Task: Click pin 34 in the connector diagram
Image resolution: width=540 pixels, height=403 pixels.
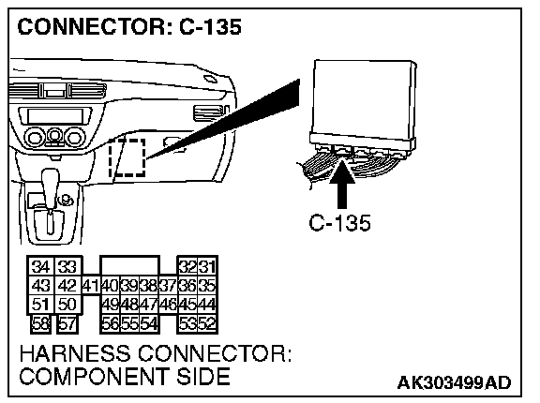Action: [x=40, y=266]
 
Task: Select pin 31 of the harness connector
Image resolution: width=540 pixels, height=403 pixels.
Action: [x=207, y=266]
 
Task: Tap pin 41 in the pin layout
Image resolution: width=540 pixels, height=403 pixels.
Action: [x=91, y=285]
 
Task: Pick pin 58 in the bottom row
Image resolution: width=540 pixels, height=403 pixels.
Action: [x=40, y=324]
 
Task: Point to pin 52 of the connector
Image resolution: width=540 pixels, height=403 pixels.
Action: [x=207, y=324]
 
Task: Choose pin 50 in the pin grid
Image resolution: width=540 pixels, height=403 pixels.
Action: [x=67, y=305]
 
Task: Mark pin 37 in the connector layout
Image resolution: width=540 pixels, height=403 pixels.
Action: [x=168, y=285]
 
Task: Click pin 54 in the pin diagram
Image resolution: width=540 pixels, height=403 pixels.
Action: [x=149, y=324]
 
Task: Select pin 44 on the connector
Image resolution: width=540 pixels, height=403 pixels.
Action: [x=207, y=305]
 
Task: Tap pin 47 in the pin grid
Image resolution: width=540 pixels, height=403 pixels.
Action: [x=149, y=305]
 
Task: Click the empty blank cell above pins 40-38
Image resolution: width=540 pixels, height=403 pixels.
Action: [x=129, y=265]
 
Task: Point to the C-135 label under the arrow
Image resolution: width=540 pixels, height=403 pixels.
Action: [x=339, y=223]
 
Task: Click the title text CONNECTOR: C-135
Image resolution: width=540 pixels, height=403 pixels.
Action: [x=129, y=26]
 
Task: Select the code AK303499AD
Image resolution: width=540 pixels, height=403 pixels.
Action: [x=455, y=382]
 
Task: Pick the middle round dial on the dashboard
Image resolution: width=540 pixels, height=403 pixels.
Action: [x=54, y=137]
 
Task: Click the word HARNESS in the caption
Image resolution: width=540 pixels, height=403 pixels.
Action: [x=75, y=353]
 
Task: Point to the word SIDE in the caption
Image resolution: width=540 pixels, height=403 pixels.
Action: [x=203, y=376]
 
